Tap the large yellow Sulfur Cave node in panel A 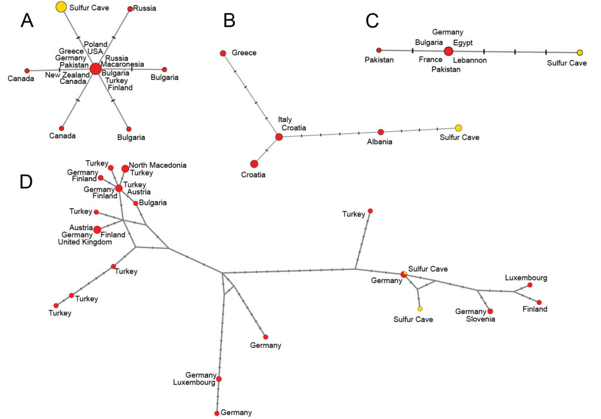pyautogui.click(x=61, y=7)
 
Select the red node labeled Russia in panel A pyautogui.click(x=130, y=9)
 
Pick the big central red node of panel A pyautogui.click(x=96, y=69)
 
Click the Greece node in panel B pyautogui.click(x=223, y=53)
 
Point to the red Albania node pyautogui.click(x=381, y=132)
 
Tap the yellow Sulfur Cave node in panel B pyautogui.click(x=458, y=128)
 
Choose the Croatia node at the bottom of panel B pyautogui.click(x=254, y=164)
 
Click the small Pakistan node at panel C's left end pyautogui.click(x=379, y=50)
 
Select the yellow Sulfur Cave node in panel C pyautogui.click(x=580, y=53)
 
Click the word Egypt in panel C pyautogui.click(x=463, y=42)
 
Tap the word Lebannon pyautogui.click(x=470, y=60)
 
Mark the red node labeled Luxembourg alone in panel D pyautogui.click(x=530, y=285)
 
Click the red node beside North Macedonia pyautogui.click(x=125, y=169)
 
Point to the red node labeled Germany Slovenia pyautogui.click(x=491, y=311)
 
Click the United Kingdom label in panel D pyautogui.click(x=85, y=242)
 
